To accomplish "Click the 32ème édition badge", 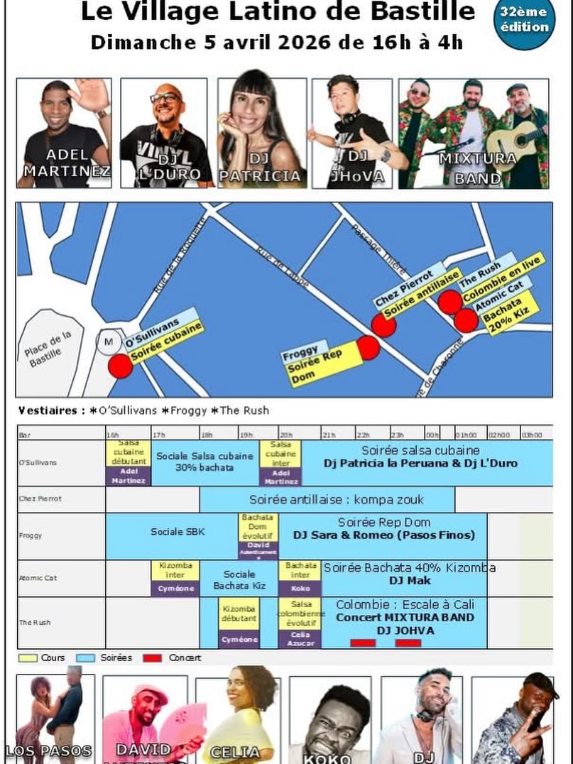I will [524, 21].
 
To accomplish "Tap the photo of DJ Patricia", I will [262, 133].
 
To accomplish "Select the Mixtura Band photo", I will [474, 133].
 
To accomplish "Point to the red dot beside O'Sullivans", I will [120, 366].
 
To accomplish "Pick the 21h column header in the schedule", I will [329, 435].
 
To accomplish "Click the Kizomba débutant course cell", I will [239, 613].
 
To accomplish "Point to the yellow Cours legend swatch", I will [28, 658].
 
